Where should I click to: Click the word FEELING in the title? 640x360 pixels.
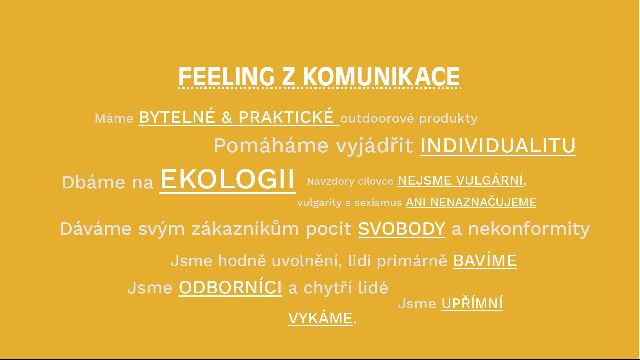[x=226, y=76]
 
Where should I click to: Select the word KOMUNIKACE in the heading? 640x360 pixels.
[x=381, y=76]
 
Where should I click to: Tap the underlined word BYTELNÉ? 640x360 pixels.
[x=177, y=117]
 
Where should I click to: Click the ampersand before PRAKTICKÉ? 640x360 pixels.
[x=227, y=117]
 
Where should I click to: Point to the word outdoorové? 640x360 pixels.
[x=377, y=118]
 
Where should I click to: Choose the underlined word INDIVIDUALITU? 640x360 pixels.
[x=498, y=146]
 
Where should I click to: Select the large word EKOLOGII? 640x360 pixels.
[x=227, y=179]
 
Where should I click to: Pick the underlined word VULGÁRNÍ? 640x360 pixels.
[x=489, y=180]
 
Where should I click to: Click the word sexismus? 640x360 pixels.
[x=378, y=203]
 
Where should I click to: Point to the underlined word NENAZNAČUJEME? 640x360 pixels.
[x=483, y=202]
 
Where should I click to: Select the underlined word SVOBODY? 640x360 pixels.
[x=401, y=229]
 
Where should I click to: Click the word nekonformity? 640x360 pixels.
[x=529, y=229]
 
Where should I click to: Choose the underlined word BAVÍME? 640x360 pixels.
[x=485, y=260]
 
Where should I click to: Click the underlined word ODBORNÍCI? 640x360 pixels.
[x=230, y=287]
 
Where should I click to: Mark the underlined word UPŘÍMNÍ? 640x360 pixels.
[x=472, y=303]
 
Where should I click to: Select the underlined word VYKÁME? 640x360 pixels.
[x=320, y=318]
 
